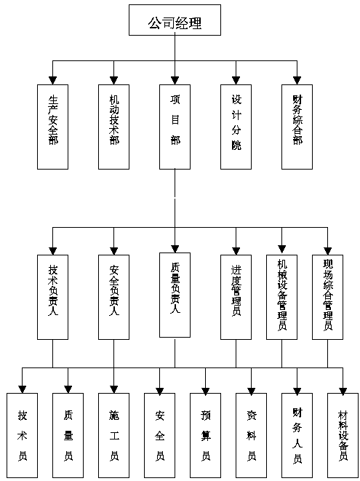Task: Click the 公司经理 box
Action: click(x=175, y=20)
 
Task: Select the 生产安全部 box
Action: click(x=53, y=127)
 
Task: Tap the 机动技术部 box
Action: click(x=113, y=127)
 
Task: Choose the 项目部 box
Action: click(x=175, y=127)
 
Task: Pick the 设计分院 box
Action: click(x=236, y=127)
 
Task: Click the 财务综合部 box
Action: click(x=297, y=127)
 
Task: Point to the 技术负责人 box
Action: click(x=53, y=297)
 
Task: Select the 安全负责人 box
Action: click(x=113, y=297)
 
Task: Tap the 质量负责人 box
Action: click(x=175, y=295)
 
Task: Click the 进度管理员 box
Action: click(x=236, y=297)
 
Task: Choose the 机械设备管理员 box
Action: click(x=281, y=297)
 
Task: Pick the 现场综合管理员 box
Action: click(x=327, y=297)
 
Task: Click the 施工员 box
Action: click(x=113, y=435)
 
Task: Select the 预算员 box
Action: click(x=205, y=435)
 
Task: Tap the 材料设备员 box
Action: click(x=343, y=435)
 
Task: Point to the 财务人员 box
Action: click(x=297, y=435)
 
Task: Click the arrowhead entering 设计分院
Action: click(x=236, y=80)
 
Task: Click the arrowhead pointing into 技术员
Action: click(x=22, y=389)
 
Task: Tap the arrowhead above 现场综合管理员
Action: click(x=327, y=250)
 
